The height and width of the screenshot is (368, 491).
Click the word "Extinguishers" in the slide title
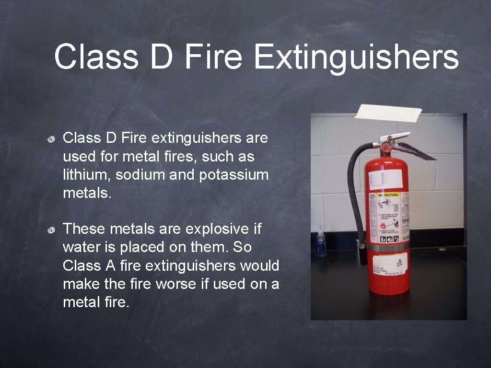(356, 57)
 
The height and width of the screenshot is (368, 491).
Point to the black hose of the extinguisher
(353, 192)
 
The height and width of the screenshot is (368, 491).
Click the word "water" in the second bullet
(80, 247)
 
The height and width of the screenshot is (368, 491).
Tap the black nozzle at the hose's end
(363, 254)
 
